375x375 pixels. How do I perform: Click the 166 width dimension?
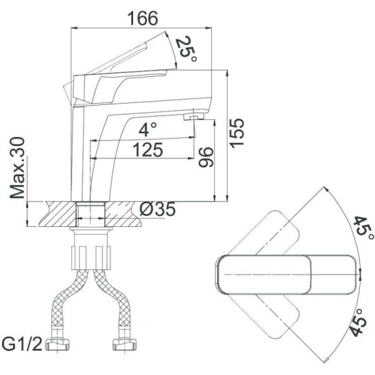pyautogui.click(x=142, y=18)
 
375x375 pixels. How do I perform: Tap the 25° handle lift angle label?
pyautogui.click(x=186, y=49)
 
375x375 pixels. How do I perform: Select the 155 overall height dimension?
pyautogui.click(x=236, y=133)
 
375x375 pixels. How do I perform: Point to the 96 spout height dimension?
pyautogui.click(x=206, y=157)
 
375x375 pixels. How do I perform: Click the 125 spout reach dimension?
pyautogui.click(x=147, y=150)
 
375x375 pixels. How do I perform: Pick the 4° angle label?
pyautogui.click(x=148, y=129)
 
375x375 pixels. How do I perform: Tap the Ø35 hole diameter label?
pyautogui.click(x=157, y=209)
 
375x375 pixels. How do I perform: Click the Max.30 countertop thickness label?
pyautogui.click(x=17, y=167)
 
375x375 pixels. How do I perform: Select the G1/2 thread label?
pyautogui.click(x=22, y=344)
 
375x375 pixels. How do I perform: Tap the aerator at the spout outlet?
pyautogui.click(x=194, y=116)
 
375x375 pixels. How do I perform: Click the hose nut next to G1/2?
pyautogui.click(x=57, y=344)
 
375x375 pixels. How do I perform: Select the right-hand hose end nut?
pyautogui.click(x=124, y=344)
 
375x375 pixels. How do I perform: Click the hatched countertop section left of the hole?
pyautogui.click(x=57, y=214)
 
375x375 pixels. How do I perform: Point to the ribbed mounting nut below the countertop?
pyautogui.click(x=91, y=257)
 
